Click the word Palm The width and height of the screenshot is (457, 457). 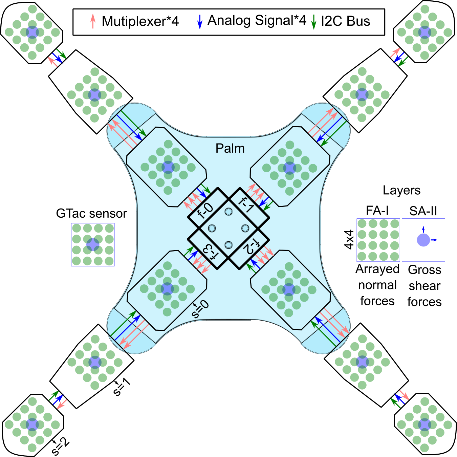[x=230, y=148]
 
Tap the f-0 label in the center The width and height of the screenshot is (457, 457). [x=205, y=211]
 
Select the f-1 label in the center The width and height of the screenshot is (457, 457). [x=246, y=205]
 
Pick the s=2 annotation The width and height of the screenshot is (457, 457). [x=60, y=447]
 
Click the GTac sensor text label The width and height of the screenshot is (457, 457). [x=91, y=214]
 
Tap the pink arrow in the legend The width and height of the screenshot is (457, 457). [x=93, y=21]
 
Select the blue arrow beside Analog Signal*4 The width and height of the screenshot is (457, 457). [x=200, y=21]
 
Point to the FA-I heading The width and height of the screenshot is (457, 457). [x=377, y=211]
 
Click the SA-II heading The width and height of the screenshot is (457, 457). [x=423, y=211]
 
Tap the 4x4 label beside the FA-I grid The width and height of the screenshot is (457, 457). [x=349, y=239]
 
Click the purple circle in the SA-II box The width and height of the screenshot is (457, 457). [x=423, y=240]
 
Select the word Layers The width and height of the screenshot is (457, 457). [x=401, y=190]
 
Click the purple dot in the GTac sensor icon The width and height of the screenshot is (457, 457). [x=92, y=244]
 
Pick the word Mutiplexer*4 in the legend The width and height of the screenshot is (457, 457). [x=140, y=21]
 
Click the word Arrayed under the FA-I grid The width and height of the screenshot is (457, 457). [x=377, y=269]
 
